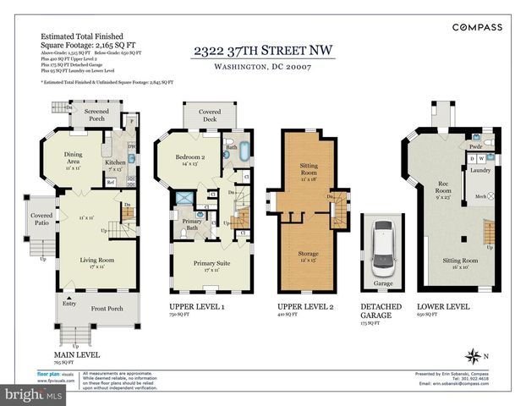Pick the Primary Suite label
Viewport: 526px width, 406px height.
(x=211, y=266)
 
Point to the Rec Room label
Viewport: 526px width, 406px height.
(x=441, y=186)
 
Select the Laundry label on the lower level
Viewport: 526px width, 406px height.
(x=480, y=170)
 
